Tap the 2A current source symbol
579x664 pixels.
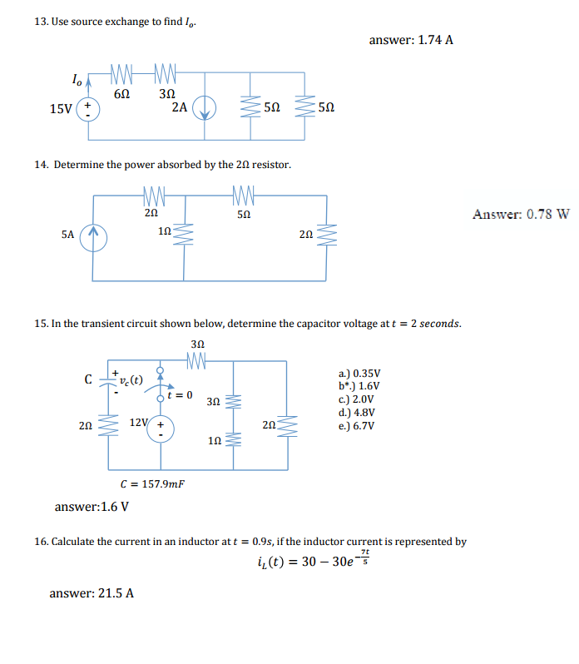pyautogui.click(x=205, y=108)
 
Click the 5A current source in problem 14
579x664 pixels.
pyautogui.click(x=94, y=235)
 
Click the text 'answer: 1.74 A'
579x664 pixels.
pyautogui.click(x=410, y=39)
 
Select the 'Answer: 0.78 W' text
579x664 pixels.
pyautogui.click(x=521, y=214)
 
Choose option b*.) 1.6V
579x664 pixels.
pyautogui.click(x=359, y=386)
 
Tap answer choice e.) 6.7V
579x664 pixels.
pyautogui.click(x=357, y=427)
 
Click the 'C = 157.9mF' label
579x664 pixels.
pyautogui.click(x=153, y=483)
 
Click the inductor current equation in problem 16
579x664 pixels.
pyautogui.click(x=315, y=559)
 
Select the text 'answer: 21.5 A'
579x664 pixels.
pyautogui.click(x=92, y=593)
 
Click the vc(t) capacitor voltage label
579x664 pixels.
pyautogui.click(x=131, y=381)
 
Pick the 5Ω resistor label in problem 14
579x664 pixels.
pyautogui.click(x=243, y=213)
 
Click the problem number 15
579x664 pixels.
pyautogui.click(x=41, y=324)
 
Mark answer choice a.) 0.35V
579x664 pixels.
pyautogui.click(x=359, y=374)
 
